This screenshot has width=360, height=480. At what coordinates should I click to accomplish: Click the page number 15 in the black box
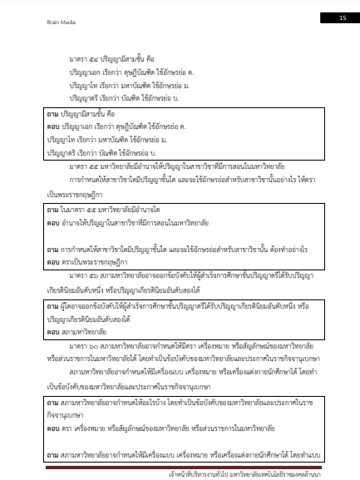[343, 17]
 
